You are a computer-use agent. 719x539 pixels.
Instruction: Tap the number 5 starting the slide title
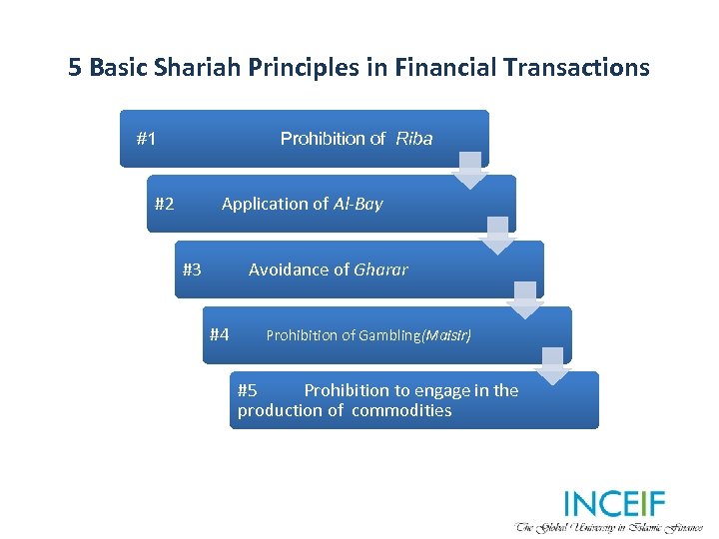(75, 68)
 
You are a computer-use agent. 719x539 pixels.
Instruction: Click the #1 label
(146, 139)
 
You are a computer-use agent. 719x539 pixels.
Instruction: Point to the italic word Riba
(413, 139)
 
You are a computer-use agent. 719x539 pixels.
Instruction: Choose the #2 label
(165, 204)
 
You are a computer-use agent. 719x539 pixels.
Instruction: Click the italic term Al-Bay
(358, 204)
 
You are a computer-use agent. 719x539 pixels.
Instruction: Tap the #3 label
(192, 269)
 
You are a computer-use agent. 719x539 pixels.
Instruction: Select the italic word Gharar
(380, 269)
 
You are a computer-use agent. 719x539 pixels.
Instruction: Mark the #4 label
(220, 334)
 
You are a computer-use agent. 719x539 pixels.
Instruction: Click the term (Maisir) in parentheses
(446, 335)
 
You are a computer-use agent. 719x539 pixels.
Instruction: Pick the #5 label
(248, 390)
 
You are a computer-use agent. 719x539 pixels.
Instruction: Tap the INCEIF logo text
(613, 504)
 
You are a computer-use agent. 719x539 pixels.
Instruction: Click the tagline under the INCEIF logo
(609, 526)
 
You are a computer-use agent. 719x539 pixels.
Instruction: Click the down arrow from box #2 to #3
(497, 237)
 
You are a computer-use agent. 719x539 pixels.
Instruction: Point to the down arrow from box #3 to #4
(525, 302)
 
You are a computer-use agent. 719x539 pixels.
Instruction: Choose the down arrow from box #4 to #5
(553, 367)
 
